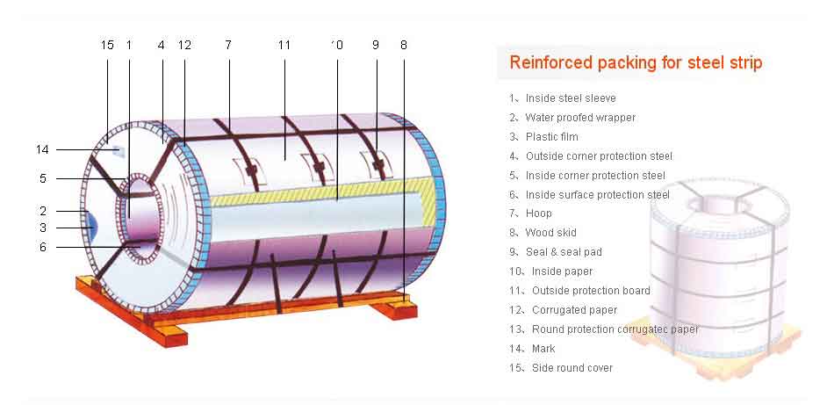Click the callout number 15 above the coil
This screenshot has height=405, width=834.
click(107, 45)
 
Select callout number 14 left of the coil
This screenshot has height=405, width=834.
click(42, 150)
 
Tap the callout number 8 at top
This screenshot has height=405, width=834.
click(404, 45)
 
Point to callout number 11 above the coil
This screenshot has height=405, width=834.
click(284, 45)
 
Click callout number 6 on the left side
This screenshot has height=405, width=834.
click(43, 248)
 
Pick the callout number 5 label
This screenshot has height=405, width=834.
click(43, 179)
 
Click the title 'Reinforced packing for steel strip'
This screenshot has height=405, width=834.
click(636, 62)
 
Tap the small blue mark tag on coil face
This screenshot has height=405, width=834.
click(119, 152)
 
